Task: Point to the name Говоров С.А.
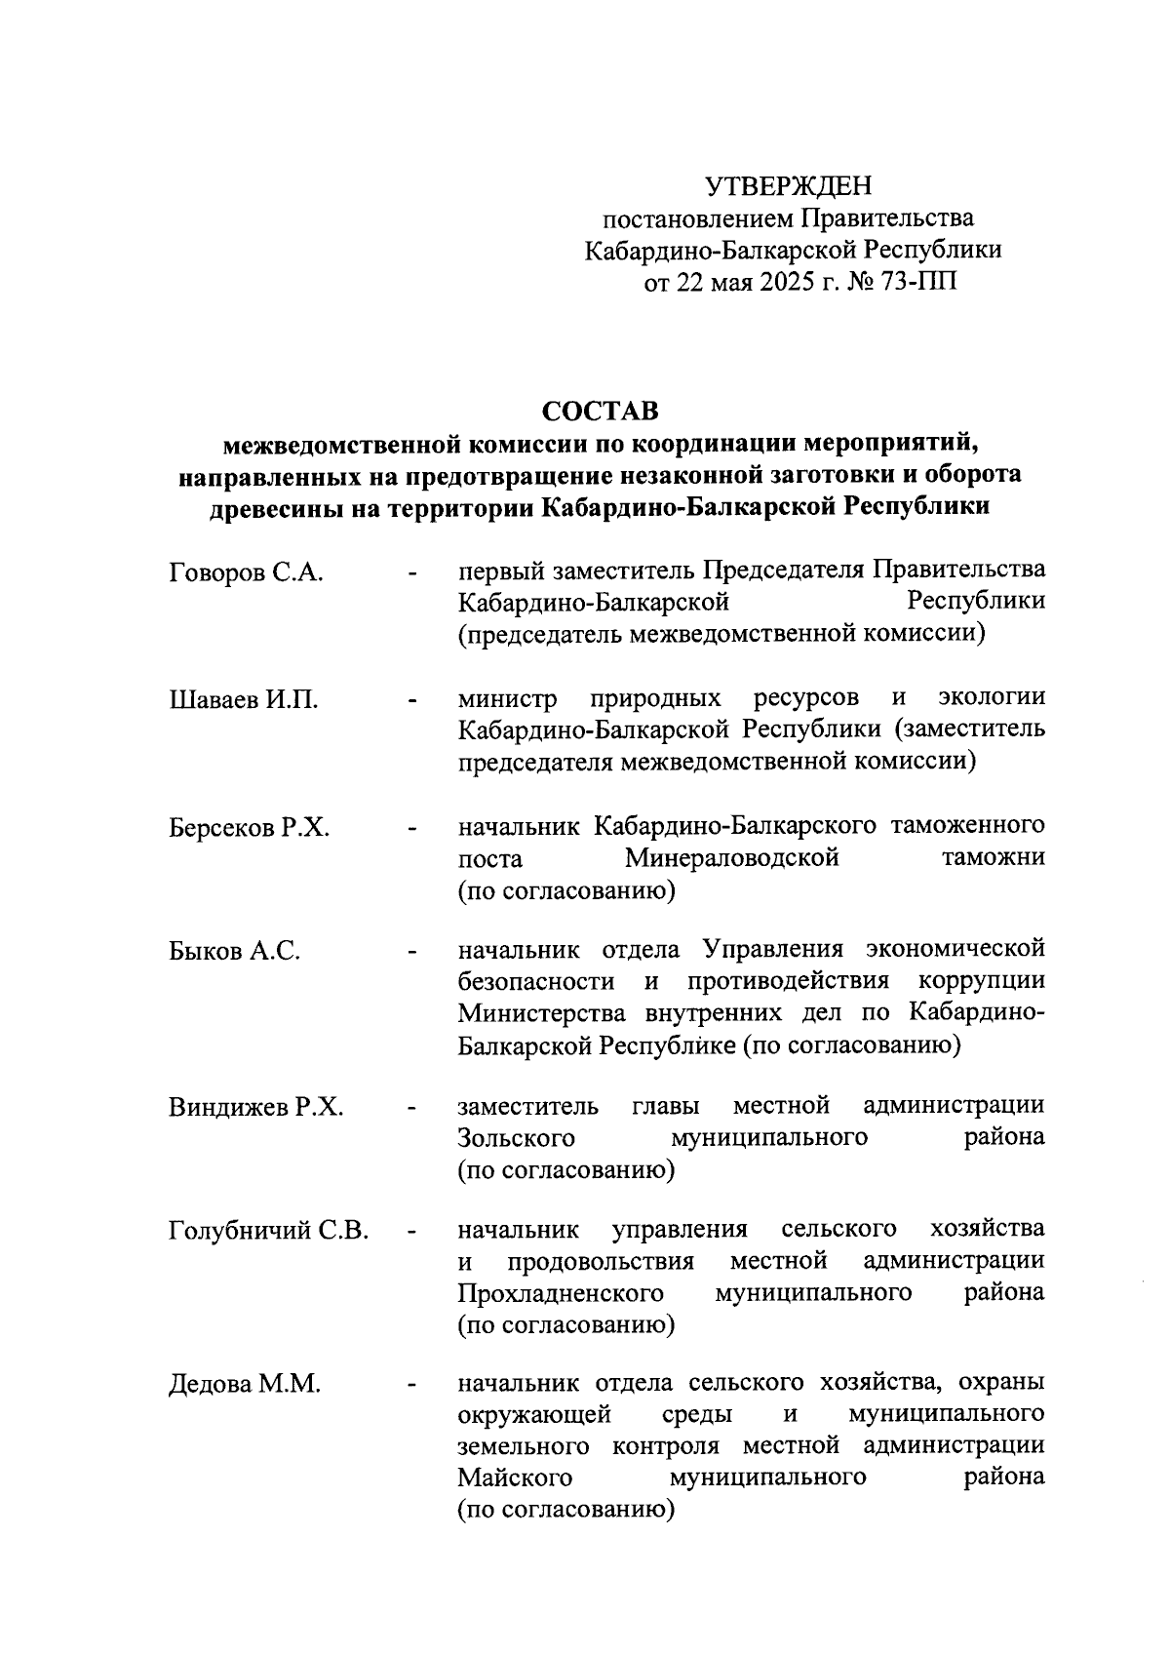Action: [246, 572]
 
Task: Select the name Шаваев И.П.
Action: [243, 700]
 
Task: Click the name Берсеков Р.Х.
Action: [249, 828]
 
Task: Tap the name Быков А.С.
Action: [234, 951]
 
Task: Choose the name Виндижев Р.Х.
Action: [255, 1108]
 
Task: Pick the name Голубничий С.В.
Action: [268, 1231]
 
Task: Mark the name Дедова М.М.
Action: [245, 1385]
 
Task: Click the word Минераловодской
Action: [732, 859]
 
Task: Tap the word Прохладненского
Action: [562, 1293]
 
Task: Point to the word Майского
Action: [515, 1478]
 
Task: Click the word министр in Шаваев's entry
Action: [508, 699]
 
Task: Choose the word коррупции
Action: [982, 981]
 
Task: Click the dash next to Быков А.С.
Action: [414, 951]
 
